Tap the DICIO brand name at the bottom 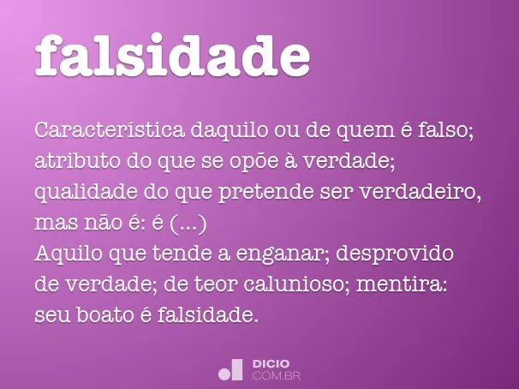(271, 363)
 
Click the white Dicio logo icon (230, 369)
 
